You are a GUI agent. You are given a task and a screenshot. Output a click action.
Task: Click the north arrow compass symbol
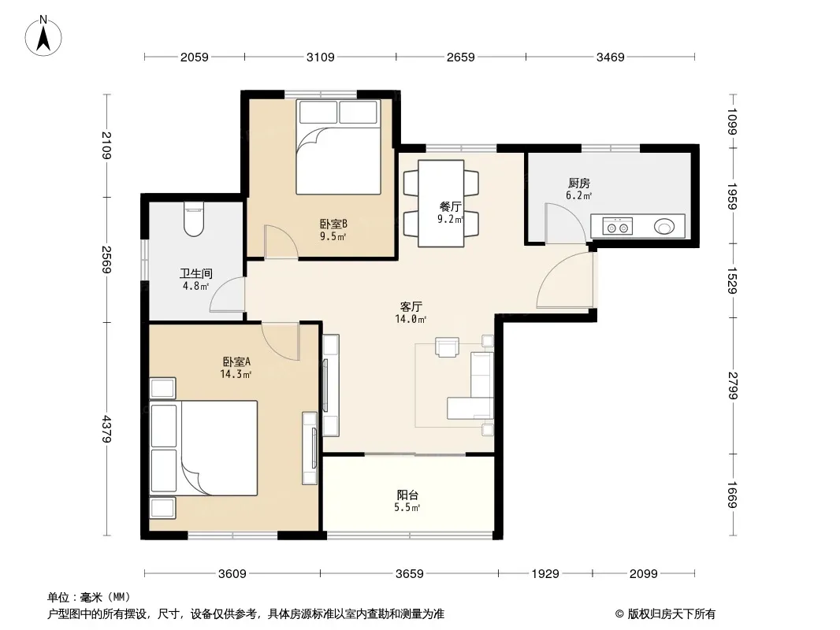(x=43, y=36)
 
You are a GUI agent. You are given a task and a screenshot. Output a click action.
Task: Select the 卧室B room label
(x=333, y=224)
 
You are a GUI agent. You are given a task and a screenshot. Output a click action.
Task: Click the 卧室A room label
(x=236, y=361)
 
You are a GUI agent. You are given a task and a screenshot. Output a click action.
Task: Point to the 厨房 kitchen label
(x=578, y=183)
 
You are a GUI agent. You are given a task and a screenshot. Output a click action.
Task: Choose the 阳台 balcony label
(x=407, y=495)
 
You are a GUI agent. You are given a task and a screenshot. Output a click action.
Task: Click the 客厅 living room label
(x=411, y=306)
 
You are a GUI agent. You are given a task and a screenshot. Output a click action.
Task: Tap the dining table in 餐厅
(x=441, y=203)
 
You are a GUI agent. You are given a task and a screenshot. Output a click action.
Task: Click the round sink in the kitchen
(x=664, y=227)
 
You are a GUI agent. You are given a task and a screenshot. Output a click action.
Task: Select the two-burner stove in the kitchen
(x=617, y=227)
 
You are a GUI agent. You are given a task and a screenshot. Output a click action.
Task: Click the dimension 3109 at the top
(x=321, y=57)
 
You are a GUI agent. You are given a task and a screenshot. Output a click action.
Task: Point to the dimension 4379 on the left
(x=106, y=428)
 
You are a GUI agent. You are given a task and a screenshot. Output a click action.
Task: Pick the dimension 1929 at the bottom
(x=545, y=574)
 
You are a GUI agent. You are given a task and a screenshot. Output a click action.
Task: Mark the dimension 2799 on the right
(x=733, y=385)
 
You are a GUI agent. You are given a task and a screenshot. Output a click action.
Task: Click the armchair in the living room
(x=448, y=346)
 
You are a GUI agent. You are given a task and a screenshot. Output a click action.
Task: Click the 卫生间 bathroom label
(x=195, y=273)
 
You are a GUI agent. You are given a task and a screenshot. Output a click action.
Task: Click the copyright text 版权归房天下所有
(x=671, y=614)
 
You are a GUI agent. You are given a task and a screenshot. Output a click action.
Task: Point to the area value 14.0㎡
(x=411, y=320)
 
